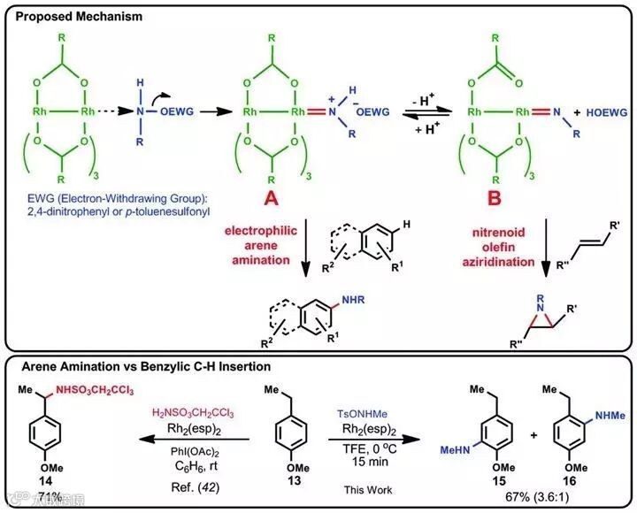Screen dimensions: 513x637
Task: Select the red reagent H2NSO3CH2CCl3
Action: pyautogui.click(x=196, y=413)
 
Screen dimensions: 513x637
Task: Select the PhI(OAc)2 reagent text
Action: pyautogui.click(x=197, y=450)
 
